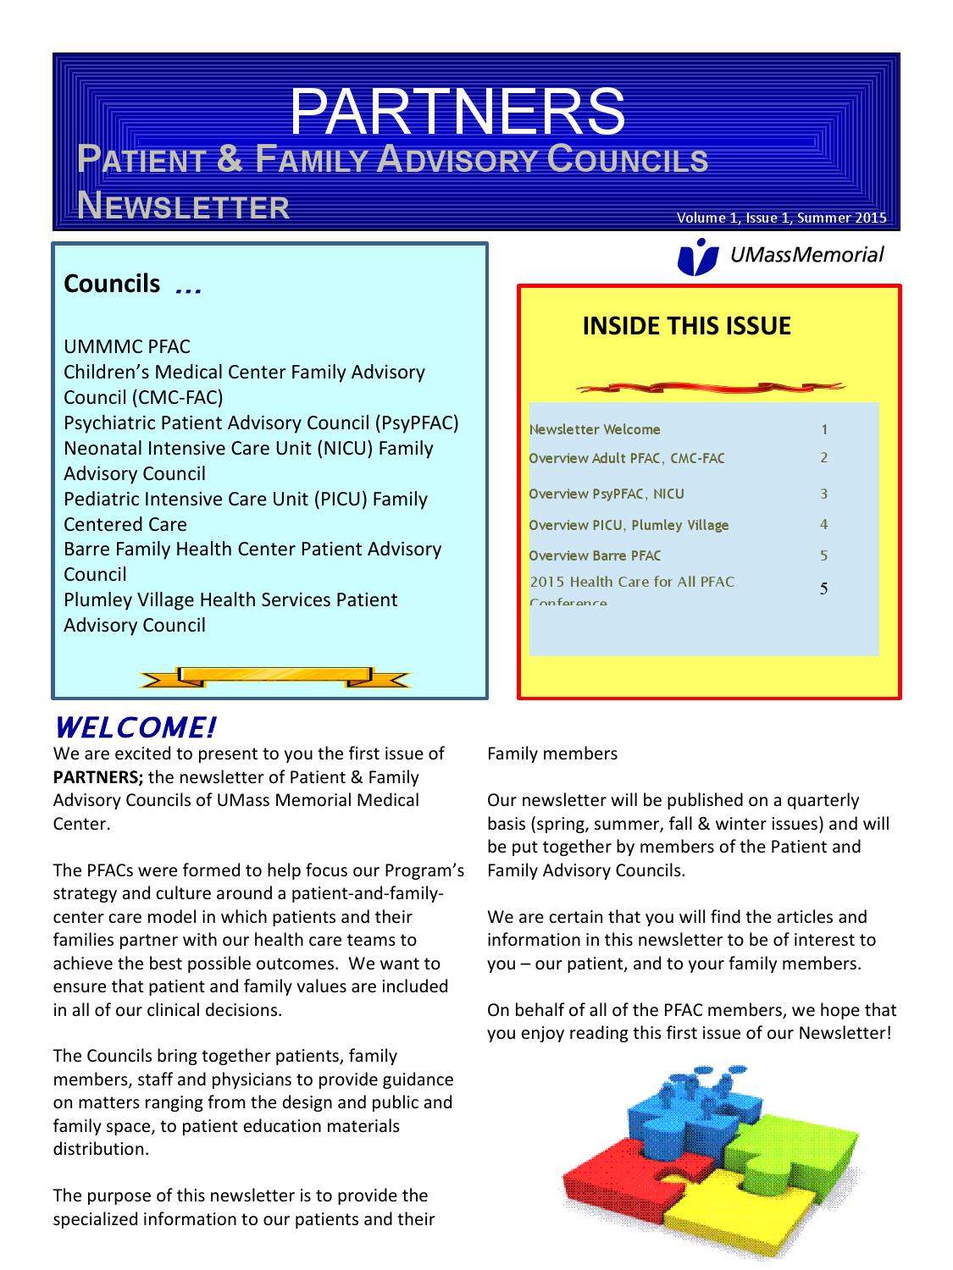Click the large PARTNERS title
457,112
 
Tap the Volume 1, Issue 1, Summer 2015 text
781,218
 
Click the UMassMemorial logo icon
698,257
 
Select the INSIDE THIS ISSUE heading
686,326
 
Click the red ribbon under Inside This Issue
710,388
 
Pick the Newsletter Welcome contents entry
595,429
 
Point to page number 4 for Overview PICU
823,524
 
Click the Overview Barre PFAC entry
595,555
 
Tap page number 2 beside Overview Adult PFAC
823,458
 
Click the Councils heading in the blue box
112,284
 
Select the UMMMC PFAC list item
127,347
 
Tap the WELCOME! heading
136,726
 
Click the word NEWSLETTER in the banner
183,206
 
